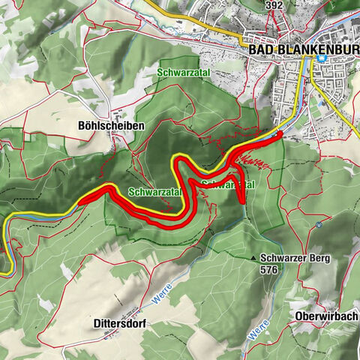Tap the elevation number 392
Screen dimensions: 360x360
(275, 4)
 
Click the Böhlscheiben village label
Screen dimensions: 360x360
(109, 127)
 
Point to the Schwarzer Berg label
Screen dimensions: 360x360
(295, 257)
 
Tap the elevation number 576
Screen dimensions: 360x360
(269, 269)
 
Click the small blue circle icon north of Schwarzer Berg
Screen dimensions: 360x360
(319, 223)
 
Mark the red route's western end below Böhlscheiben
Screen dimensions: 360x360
(77, 203)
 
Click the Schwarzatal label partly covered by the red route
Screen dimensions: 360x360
(229, 184)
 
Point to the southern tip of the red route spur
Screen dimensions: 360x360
(243, 202)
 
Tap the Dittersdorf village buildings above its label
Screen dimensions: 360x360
(132, 310)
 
